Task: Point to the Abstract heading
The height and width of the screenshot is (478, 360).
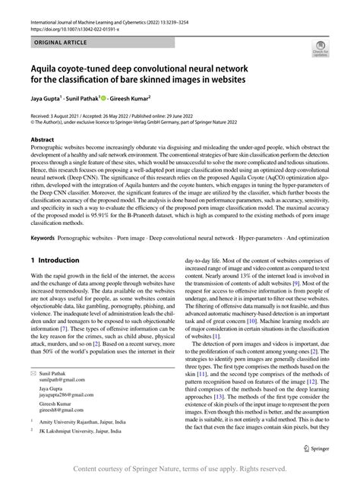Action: coord(43,141)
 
